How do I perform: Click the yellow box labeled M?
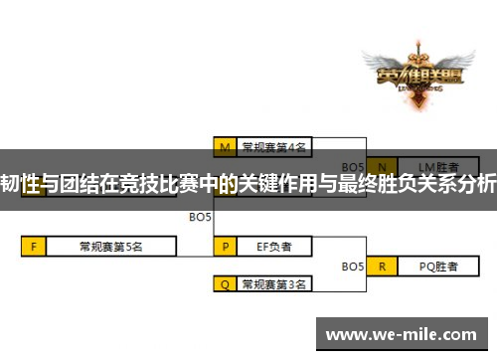pos(227,146)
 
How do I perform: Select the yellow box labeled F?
pos(34,245)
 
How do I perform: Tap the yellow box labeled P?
pos(227,245)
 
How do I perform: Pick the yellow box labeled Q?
pos(227,283)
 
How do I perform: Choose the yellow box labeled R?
pos(382,266)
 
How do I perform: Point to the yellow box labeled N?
pos(382,165)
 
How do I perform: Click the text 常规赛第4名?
pos(274,146)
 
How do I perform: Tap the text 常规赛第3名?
pos(274,283)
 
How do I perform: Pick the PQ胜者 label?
pos(436,266)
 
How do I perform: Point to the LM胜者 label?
pos(436,165)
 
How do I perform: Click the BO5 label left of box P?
pos(200,216)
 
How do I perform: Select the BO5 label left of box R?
pos(353,266)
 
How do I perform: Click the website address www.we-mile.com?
pos(405,333)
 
